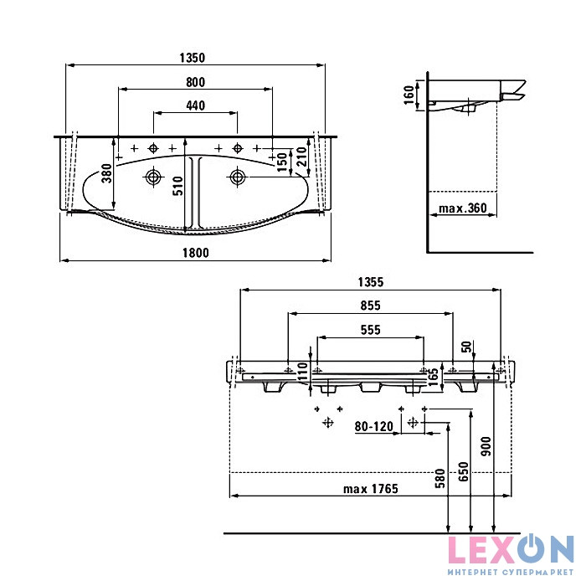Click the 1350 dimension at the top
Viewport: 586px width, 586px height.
[193, 58]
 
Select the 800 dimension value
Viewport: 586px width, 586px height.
[195, 81]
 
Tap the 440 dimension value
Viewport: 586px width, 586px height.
[195, 105]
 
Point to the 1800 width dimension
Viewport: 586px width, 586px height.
[195, 252]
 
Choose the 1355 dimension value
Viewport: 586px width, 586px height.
[370, 283]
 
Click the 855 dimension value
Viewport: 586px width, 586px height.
[370, 306]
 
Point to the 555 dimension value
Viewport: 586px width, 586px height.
[370, 330]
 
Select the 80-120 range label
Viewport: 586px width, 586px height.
[373, 427]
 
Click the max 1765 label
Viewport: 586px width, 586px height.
[369, 488]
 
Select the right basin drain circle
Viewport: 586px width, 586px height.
[238, 176]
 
